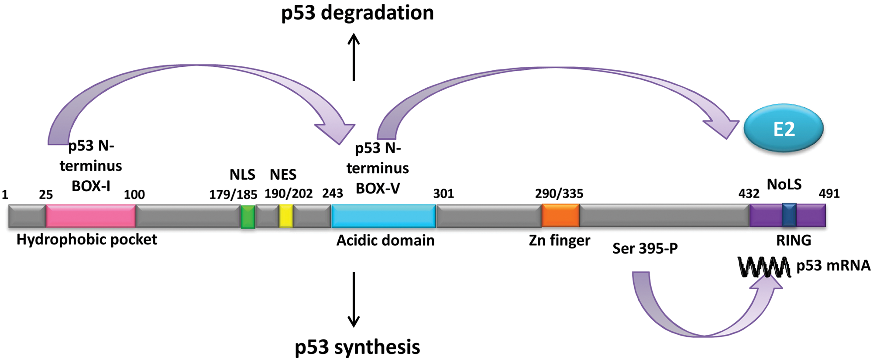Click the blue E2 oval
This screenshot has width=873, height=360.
tap(784, 128)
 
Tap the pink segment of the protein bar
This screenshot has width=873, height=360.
tap(91, 216)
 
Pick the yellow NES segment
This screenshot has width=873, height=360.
tap(286, 216)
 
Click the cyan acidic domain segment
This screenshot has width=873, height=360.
tap(384, 216)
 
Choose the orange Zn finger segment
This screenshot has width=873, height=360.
tap(560, 216)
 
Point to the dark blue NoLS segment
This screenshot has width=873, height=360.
tap(789, 215)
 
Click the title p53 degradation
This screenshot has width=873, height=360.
tap(357, 13)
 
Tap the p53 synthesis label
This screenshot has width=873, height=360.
tap(357, 347)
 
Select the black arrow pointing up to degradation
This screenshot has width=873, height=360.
tap(354, 57)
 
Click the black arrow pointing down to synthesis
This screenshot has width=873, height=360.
tap(354, 300)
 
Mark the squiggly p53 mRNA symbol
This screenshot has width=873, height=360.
tap(764, 267)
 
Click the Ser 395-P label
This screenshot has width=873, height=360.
tap(645, 248)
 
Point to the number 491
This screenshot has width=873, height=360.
tap(829, 193)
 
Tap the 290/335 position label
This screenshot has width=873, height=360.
tap(559, 193)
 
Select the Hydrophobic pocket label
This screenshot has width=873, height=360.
tap(87, 240)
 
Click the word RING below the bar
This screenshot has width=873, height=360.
tap(794, 240)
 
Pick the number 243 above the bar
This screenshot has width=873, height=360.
tap(333, 193)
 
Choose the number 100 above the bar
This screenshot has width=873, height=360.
tap(134, 195)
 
